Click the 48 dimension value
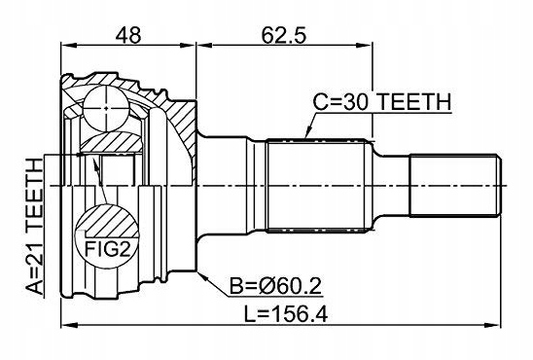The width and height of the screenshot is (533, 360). click(127, 35)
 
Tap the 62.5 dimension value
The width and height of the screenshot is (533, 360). click(284, 35)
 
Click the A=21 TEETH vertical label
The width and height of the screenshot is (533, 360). click(35, 227)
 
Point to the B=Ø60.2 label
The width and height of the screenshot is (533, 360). click(275, 287)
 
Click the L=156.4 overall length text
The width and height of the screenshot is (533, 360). click(286, 314)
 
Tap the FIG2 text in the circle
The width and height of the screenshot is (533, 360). click(107, 249)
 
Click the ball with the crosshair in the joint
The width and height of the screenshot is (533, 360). click(106, 108)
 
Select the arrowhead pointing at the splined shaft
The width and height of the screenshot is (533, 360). click(308, 132)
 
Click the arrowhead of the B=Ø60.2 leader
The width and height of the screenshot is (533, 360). click(202, 277)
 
